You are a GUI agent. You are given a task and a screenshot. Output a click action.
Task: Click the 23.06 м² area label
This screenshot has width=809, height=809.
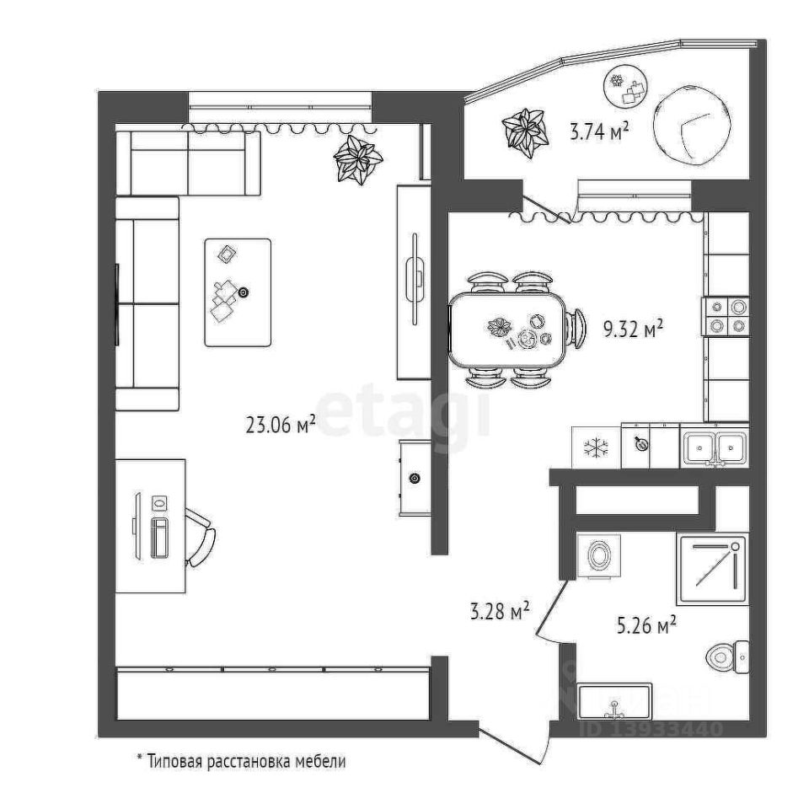[x=280, y=426]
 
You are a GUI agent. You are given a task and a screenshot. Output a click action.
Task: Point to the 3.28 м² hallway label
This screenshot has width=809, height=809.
[x=500, y=610]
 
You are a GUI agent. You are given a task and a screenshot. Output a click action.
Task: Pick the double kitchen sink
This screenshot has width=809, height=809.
[x=713, y=447]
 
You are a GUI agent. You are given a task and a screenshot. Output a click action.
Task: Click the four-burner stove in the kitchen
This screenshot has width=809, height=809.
[x=726, y=316]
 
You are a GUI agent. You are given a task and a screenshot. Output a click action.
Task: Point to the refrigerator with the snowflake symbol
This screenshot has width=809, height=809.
[x=596, y=447]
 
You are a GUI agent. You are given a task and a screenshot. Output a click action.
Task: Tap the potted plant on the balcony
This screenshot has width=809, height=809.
[x=524, y=131]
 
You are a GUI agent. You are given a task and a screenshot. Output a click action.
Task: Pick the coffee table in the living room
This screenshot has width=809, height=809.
[x=238, y=292]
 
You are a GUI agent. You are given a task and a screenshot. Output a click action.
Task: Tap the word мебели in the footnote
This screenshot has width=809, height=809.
[x=321, y=762]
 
